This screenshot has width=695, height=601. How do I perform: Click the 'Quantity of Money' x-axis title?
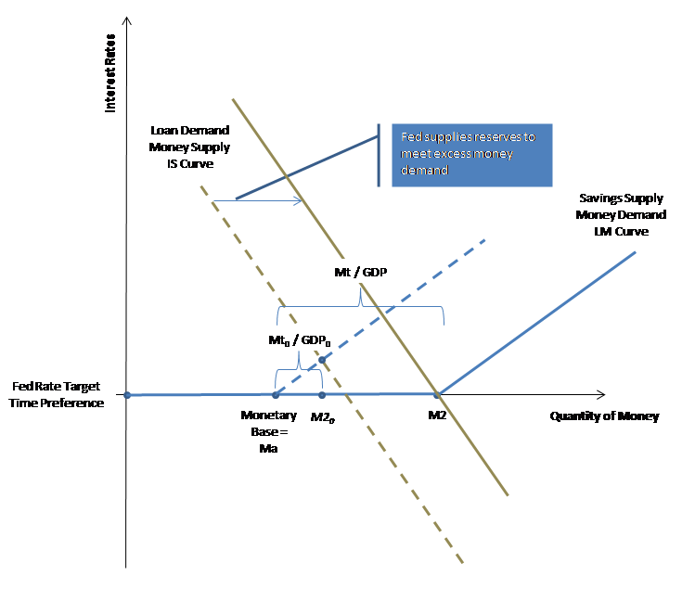pos(604,416)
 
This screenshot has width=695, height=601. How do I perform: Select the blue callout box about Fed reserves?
pos(471,155)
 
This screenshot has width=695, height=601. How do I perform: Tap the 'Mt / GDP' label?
pos(360,274)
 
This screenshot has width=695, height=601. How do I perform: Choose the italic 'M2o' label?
pos(322,417)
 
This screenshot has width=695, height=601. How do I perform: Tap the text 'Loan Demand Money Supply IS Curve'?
pos(189,147)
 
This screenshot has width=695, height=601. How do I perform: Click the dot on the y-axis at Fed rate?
pos(127,395)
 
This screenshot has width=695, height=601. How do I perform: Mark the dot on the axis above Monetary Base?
pos(276,395)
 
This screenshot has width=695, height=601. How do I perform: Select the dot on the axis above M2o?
pos(322,395)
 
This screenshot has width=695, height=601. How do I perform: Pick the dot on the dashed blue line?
pos(322,360)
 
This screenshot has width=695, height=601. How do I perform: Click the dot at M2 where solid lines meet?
pos(438,395)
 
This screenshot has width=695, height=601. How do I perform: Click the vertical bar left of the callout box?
pos(379,155)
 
